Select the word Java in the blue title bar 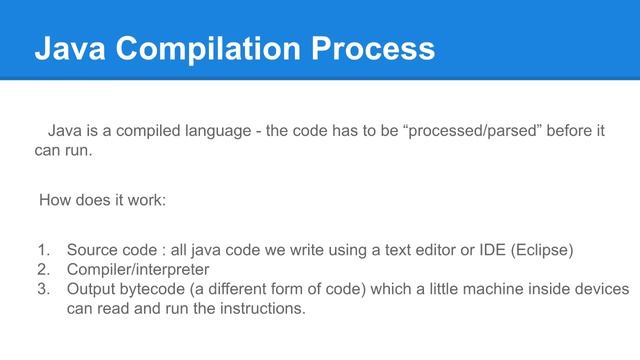(x=67, y=48)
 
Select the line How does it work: (x=102, y=200)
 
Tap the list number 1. (x=42, y=249)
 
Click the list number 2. (x=42, y=269)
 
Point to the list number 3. (x=42, y=289)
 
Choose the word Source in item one (x=93, y=249)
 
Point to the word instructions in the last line (x=259, y=309)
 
